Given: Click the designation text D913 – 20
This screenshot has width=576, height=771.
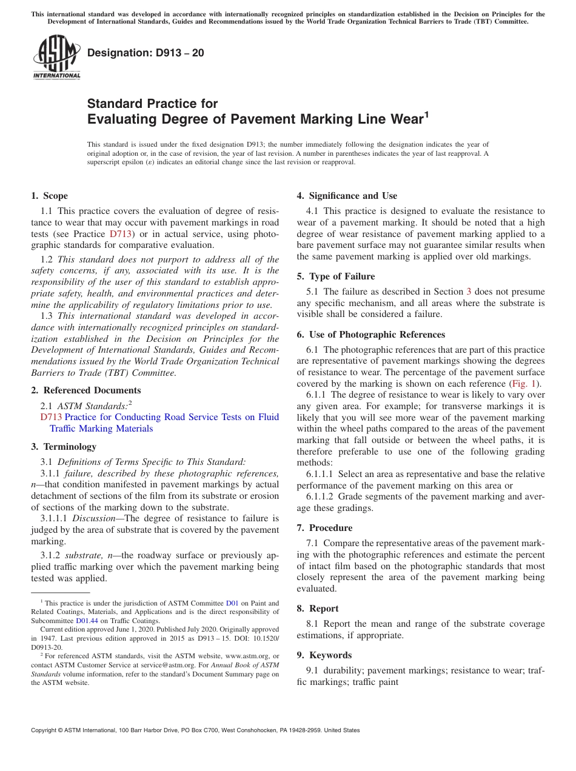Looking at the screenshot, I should click(x=146, y=53).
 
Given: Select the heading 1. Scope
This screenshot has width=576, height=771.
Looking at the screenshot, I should click(x=49, y=196).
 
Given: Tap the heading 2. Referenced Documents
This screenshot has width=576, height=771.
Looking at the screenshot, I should click(x=85, y=390).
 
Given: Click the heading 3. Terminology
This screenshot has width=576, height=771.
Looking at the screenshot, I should click(x=64, y=447).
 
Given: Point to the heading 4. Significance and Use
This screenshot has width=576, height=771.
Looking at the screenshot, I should click(x=347, y=196).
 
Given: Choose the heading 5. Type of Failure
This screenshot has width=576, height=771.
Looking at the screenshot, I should click(x=335, y=276).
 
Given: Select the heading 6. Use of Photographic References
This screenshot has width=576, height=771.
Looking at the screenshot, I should click(x=370, y=335).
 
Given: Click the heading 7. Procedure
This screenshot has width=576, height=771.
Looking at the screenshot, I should click(x=324, y=528).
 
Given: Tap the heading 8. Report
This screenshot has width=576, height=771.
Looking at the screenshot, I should click(x=318, y=609).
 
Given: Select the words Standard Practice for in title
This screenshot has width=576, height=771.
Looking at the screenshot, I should click(x=152, y=104).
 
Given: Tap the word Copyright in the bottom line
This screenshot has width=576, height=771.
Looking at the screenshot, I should click(x=45, y=730).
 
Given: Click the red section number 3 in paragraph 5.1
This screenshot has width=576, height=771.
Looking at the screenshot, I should click(x=468, y=292).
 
